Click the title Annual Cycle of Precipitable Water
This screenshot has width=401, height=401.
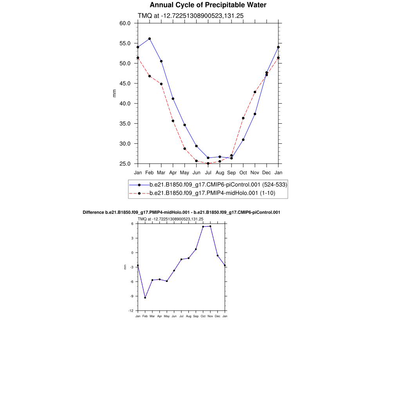[x=208, y=5]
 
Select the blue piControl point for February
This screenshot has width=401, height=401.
[x=150, y=39]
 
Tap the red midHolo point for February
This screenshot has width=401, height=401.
[x=150, y=76]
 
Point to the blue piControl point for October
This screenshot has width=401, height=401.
[x=243, y=140]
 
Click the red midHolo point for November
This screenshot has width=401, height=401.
[x=255, y=92]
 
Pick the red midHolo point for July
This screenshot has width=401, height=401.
[x=208, y=163]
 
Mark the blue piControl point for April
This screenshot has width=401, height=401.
[x=173, y=99]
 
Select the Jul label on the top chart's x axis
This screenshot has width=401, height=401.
[x=208, y=172]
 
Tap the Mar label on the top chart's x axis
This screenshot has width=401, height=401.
[x=161, y=172]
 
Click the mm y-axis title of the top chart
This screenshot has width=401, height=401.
[x=114, y=93]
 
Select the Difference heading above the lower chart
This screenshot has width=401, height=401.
[x=181, y=212]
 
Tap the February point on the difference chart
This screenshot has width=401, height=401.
[x=145, y=298]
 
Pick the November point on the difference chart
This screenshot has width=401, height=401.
[x=210, y=226]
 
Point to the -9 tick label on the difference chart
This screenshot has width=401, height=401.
[x=132, y=296]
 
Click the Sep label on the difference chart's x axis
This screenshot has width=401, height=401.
[x=196, y=316]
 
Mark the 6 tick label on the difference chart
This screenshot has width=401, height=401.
[x=132, y=224]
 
